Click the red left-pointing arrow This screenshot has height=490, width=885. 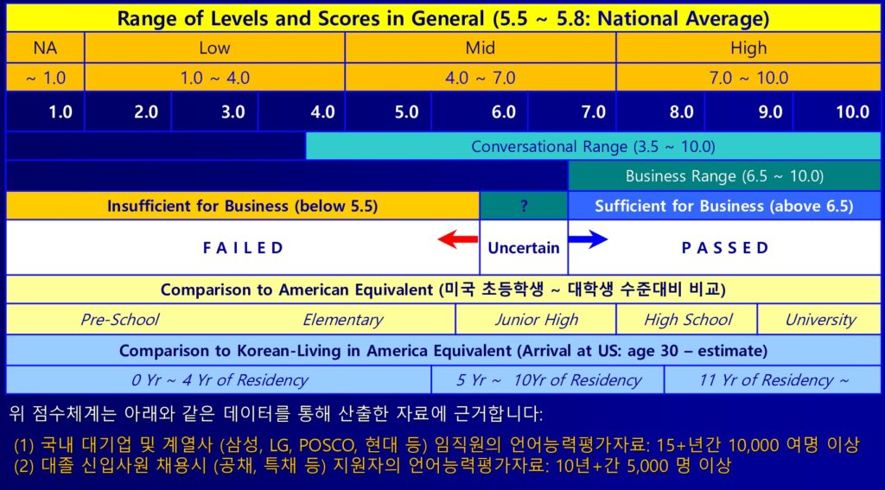coord(458,240)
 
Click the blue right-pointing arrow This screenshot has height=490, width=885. coord(588,240)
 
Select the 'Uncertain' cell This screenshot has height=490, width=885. coord(524,247)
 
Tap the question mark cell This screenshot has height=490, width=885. coord(524,206)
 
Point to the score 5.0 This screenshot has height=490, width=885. coord(406,111)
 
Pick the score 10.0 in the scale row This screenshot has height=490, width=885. coord(852,111)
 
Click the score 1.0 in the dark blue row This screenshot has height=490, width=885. coord(60,111)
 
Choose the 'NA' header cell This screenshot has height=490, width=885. coord(45,48)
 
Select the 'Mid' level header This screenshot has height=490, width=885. coord(481,48)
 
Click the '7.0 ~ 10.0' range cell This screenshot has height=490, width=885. coord(748,77)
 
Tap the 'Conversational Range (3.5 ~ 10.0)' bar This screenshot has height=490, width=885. coord(593,147)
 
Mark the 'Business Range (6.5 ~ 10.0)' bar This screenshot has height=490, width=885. coord(724,176)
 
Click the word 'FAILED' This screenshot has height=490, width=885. coord(243,248)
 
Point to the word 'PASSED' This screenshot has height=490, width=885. coord(725,248)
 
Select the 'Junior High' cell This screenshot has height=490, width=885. coord(536,320)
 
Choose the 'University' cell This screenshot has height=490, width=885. coord(819,320)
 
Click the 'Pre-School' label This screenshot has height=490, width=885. coord(119,320)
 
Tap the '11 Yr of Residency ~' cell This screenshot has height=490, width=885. coord(773,380)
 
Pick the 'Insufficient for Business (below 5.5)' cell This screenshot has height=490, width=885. coord(242,206)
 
